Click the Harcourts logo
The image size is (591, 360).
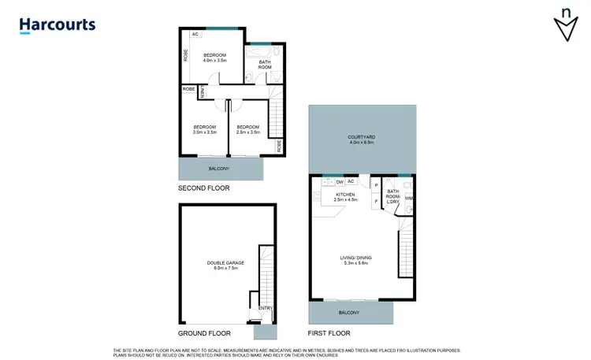click(x=58, y=24)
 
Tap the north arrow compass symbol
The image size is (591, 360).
click(x=565, y=25)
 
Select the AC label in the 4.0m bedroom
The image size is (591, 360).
click(x=194, y=35)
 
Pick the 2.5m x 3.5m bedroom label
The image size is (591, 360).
click(x=248, y=129)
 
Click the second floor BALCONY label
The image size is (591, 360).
click(x=219, y=169)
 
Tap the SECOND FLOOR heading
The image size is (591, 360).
click(x=203, y=190)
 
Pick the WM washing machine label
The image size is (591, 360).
click(x=408, y=198)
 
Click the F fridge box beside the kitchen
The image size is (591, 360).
click(x=376, y=202)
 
